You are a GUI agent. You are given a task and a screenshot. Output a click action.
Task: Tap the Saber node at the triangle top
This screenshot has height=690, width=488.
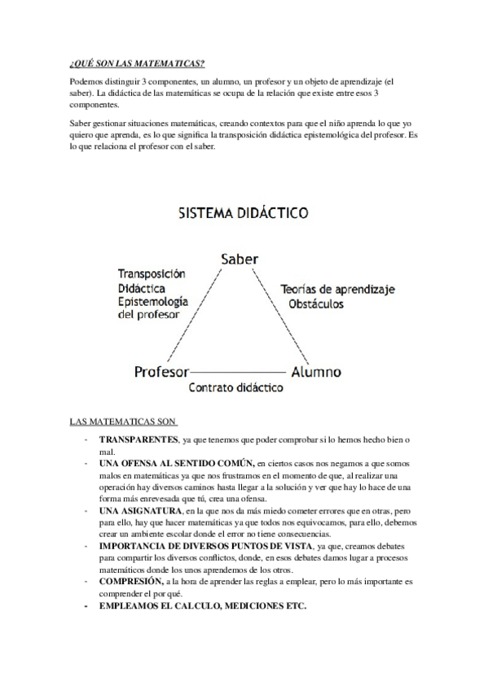tap(240, 259)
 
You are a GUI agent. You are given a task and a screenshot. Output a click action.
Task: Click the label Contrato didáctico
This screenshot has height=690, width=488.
tap(236, 389)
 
